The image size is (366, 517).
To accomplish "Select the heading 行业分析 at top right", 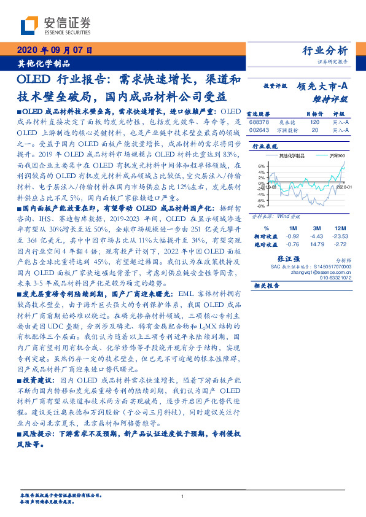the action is tap(325, 51).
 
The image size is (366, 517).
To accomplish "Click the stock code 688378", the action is tap(260, 123).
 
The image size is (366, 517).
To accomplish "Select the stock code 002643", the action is tap(260, 130).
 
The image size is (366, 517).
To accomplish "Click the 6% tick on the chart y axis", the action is tap(261, 166).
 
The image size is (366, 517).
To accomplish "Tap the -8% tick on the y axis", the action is tap(261, 206).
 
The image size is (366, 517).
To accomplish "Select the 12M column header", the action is tap(340, 228).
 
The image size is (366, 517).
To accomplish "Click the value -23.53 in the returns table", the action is tap(340, 236).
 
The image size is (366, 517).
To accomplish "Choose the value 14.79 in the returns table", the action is tap(317, 244).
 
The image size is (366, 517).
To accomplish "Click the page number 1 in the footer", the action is tap(183, 497).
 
